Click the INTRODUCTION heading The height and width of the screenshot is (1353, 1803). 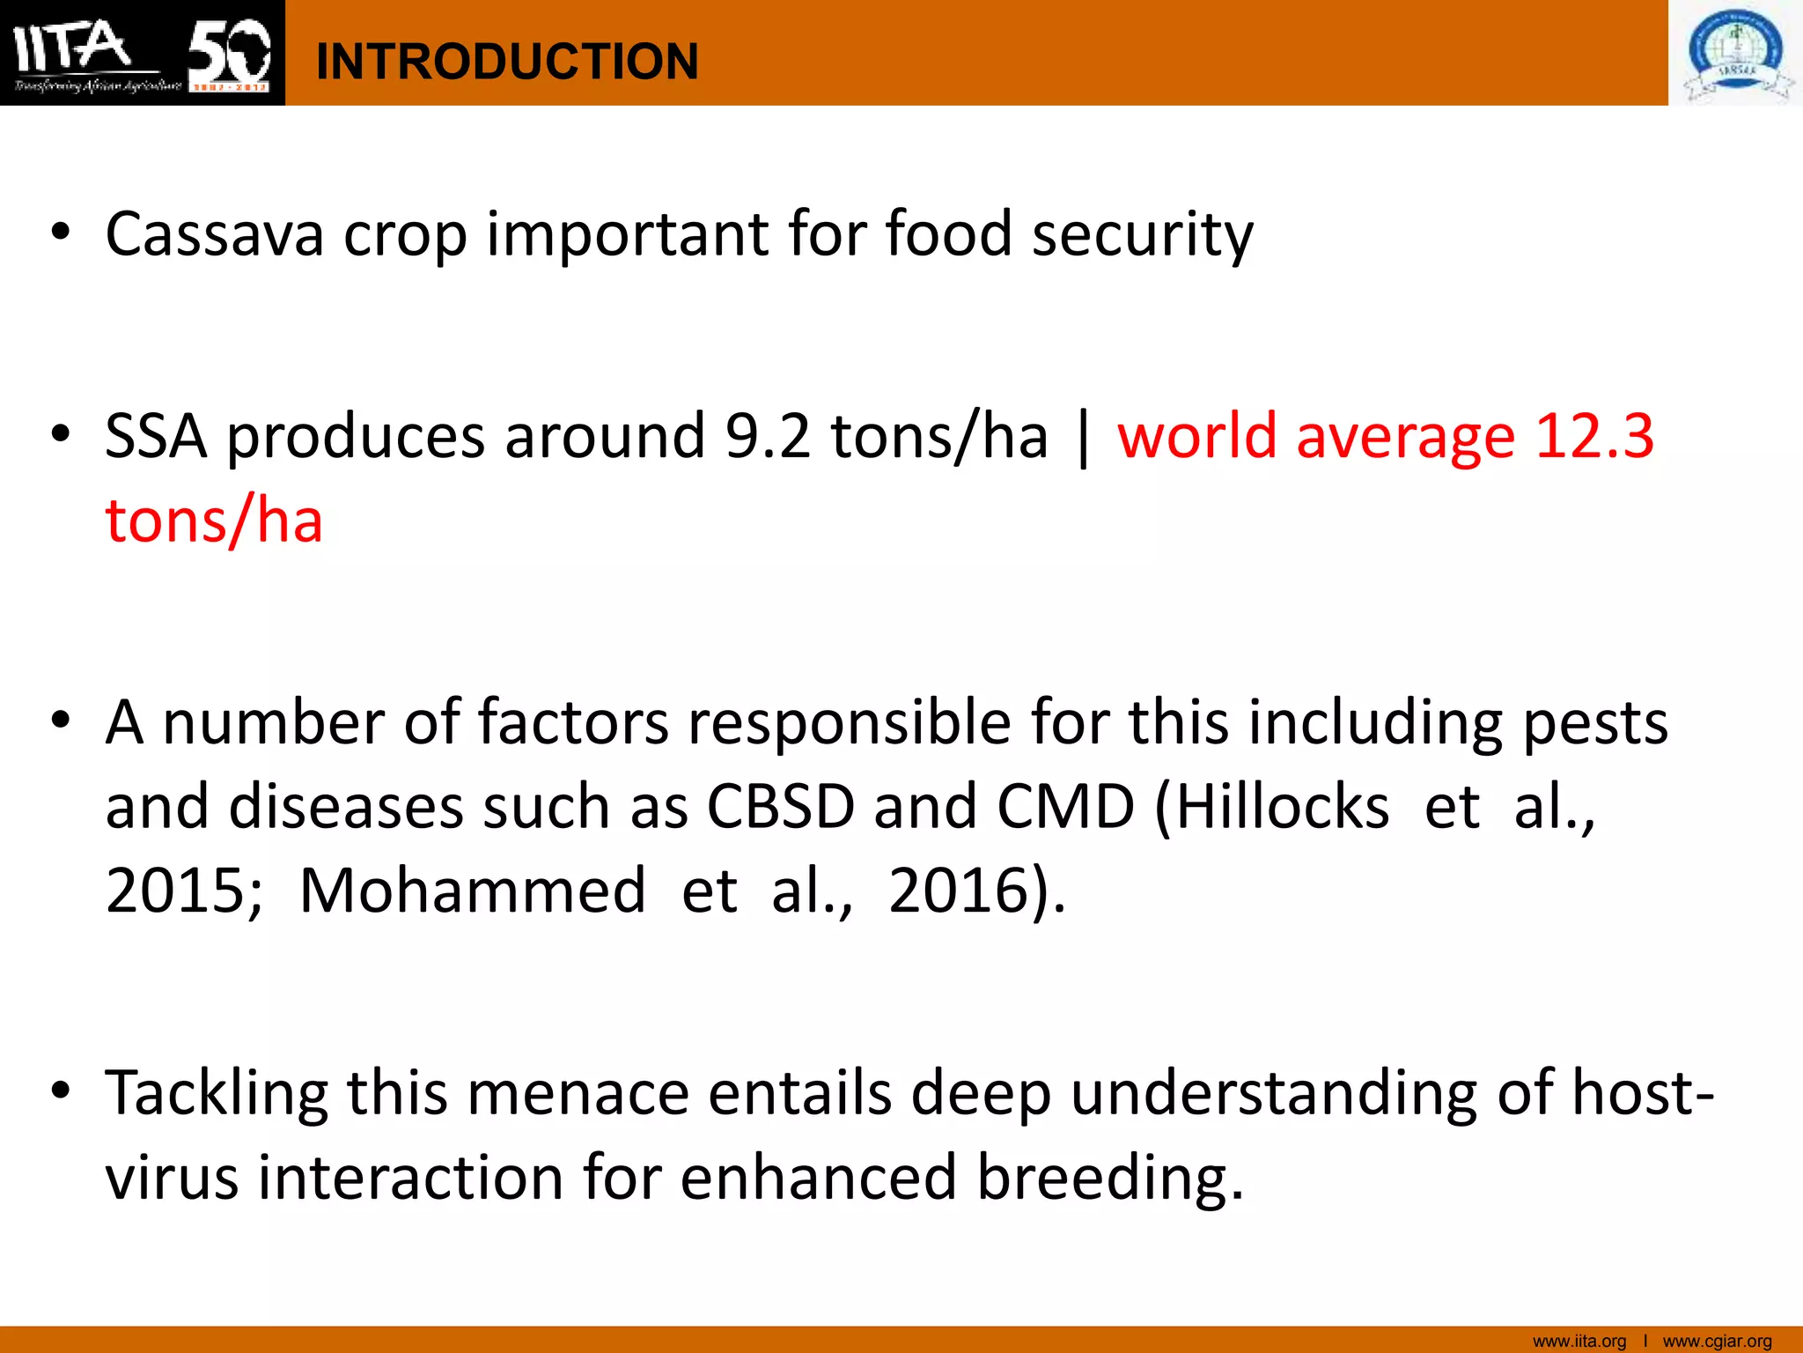pos(506,62)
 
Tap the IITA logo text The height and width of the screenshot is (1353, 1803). pos(75,46)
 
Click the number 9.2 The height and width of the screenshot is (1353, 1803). pos(767,436)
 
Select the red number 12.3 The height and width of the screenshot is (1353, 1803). pos(1594,436)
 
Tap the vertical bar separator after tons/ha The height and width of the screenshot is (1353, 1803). pos(1083,438)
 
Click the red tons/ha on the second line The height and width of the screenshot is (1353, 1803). pos(214,520)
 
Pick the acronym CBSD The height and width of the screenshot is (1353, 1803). pos(780,806)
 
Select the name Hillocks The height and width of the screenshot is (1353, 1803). pos(1282,806)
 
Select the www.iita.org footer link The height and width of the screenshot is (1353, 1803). pos(1579,1342)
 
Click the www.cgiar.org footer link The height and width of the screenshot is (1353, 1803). pos(1717,1342)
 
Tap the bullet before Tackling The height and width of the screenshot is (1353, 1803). pos(60,1091)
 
